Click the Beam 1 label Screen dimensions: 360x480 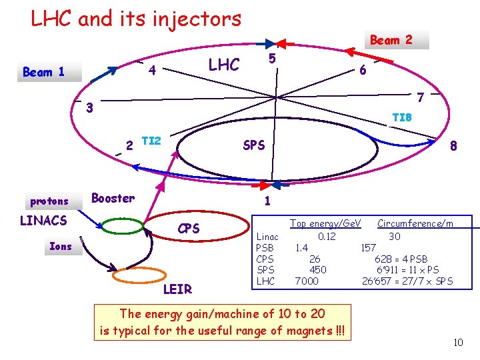pyautogui.click(x=44, y=72)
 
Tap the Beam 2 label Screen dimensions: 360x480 pyautogui.click(x=391, y=40)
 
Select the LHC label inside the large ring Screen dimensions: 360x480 pyautogui.click(x=223, y=65)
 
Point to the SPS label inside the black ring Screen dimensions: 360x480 pyautogui.click(x=254, y=145)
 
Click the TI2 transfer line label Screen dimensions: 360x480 pyautogui.click(x=152, y=141)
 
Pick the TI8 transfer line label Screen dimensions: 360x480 pyautogui.click(x=401, y=117)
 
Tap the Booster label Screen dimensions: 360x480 pyautogui.click(x=113, y=198)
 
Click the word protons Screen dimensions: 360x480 pyautogui.click(x=49, y=201)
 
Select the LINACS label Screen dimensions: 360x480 pyautogui.click(x=43, y=220)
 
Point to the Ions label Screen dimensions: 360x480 pyautogui.click(x=61, y=246)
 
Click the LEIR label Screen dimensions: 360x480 pyautogui.click(x=177, y=289)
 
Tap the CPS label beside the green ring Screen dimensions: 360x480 pyautogui.click(x=189, y=229)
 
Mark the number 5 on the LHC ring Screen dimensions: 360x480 pyautogui.click(x=272, y=59)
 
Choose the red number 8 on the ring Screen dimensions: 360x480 pyautogui.click(x=453, y=147)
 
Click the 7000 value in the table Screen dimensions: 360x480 pyautogui.click(x=307, y=281)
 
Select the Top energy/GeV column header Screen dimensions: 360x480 pyautogui.click(x=325, y=223)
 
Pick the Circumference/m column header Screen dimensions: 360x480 pyautogui.click(x=415, y=223)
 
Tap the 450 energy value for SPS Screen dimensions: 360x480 pyautogui.click(x=318, y=269)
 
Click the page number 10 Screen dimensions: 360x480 pyautogui.click(x=458, y=343)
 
